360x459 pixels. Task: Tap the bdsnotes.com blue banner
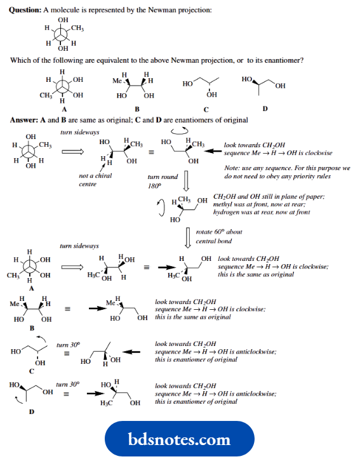180,439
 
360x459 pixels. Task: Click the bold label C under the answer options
206,109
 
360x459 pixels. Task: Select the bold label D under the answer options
265,109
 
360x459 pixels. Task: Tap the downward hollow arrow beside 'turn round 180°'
187,182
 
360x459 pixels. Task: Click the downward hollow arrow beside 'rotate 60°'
189,236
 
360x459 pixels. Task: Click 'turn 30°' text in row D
68,385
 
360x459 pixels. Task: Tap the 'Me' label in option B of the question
117,81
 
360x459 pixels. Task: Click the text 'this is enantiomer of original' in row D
196,401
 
